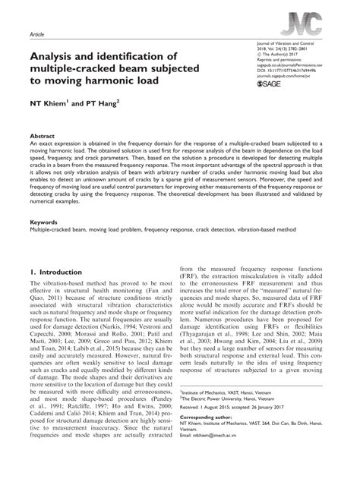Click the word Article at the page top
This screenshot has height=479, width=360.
(x=36, y=35)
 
